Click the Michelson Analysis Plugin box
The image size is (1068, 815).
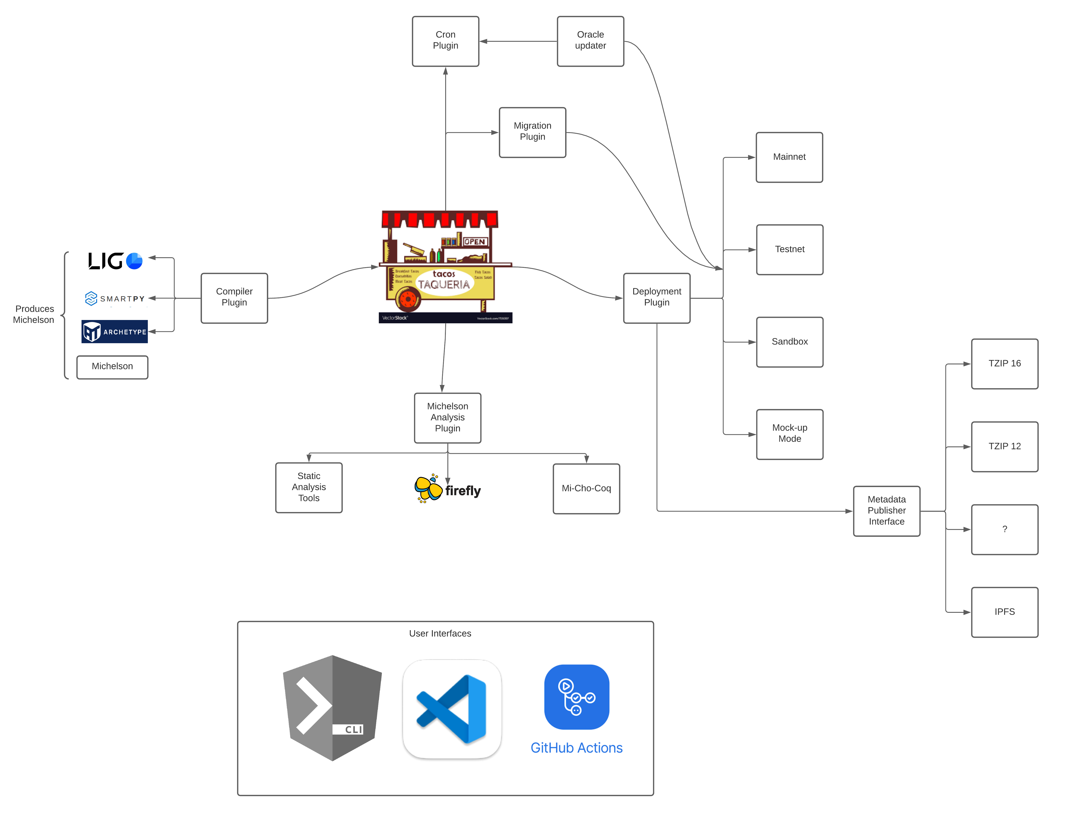click(447, 417)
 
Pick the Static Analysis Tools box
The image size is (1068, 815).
click(308, 487)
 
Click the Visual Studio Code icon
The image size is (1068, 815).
click(452, 709)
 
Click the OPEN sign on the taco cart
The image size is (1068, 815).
click(474, 242)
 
